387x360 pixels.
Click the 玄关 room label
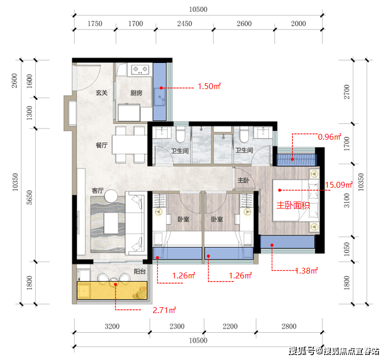(x=101, y=93)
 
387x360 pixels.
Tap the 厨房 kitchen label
(x=136, y=93)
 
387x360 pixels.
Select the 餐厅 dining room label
(x=101, y=145)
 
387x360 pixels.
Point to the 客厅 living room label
(x=98, y=190)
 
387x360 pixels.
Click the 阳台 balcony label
(x=140, y=271)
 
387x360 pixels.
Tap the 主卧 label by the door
(x=243, y=180)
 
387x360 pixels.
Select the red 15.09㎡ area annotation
(x=338, y=185)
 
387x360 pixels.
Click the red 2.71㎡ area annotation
(x=164, y=310)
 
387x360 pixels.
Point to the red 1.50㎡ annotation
(x=209, y=86)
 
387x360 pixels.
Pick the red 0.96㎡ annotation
(x=329, y=137)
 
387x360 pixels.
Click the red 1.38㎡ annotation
(x=306, y=271)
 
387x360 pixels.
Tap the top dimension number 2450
(x=184, y=23)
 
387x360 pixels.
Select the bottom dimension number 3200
(x=112, y=326)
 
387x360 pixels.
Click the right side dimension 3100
(x=347, y=200)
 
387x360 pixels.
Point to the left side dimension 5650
(x=29, y=197)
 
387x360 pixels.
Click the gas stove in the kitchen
(x=140, y=69)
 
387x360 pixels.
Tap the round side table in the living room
(x=111, y=196)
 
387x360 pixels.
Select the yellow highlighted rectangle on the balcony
(x=112, y=291)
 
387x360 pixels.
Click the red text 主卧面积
(x=293, y=205)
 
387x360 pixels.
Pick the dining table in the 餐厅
(x=130, y=145)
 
